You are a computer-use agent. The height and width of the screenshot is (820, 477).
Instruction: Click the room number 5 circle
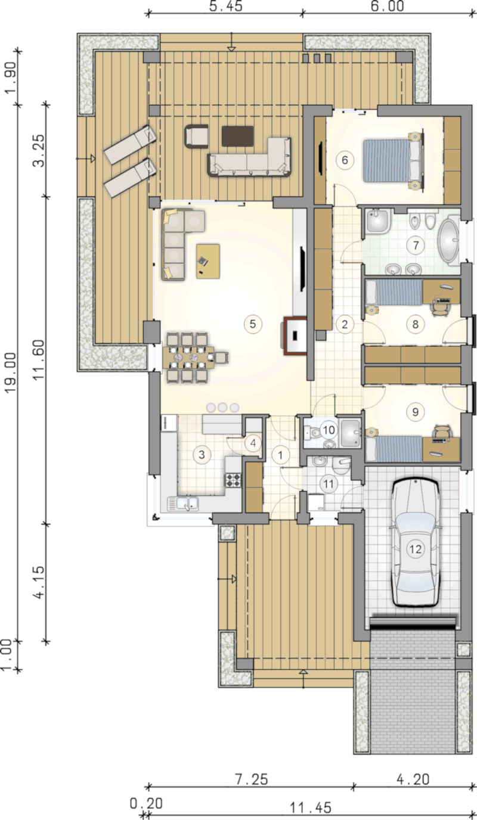tap(253, 324)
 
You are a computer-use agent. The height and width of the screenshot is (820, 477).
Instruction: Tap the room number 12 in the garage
tap(416, 549)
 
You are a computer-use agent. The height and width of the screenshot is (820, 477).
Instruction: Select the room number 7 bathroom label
tap(416, 245)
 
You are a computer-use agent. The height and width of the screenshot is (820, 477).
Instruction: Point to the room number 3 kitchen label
tap(202, 455)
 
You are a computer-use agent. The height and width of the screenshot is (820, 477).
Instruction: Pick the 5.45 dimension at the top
tap(225, 6)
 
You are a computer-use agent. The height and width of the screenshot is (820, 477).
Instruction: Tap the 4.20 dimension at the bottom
tap(413, 779)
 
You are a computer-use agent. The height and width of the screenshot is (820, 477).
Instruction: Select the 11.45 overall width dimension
tap(311, 807)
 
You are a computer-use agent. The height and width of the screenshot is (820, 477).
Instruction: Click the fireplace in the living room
tap(295, 336)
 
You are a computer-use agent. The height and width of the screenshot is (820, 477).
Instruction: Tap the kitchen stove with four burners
tap(233, 480)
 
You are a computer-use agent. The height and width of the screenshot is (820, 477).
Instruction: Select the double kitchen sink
tap(183, 504)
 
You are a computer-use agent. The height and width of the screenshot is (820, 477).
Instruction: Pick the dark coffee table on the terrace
tap(238, 136)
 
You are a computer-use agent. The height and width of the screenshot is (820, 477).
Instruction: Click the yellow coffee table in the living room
tap(208, 262)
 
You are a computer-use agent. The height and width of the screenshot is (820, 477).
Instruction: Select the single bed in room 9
tap(395, 449)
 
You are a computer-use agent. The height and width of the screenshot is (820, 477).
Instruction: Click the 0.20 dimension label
tap(146, 803)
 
